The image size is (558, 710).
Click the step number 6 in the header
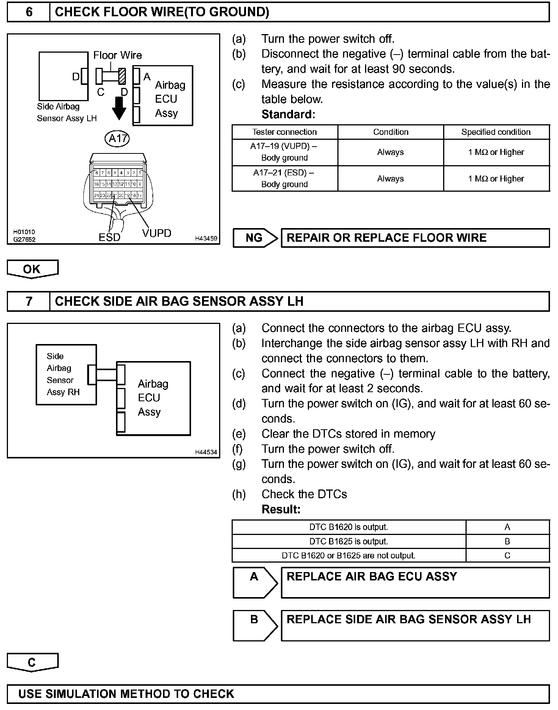(29, 12)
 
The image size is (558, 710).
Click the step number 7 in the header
(29, 301)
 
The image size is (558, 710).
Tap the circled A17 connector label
(117, 138)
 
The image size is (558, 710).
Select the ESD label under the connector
(109, 237)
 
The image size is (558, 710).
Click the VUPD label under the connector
(157, 233)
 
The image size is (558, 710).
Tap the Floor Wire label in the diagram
(118, 55)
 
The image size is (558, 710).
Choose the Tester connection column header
(284, 132)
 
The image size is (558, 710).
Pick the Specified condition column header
(496, 132)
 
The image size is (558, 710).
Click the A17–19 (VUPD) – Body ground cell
(284, 152)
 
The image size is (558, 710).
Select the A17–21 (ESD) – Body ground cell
(284, 178)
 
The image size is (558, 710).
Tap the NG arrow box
(255, 238)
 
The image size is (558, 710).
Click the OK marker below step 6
(32, 269)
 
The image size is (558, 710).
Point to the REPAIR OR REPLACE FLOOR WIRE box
(415, 238)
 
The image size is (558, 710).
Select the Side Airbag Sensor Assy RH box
(66, 374)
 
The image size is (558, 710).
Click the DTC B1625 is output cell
(348, 541)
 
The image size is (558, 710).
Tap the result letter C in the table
(507, 555)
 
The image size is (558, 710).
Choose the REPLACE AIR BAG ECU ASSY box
(415, 583)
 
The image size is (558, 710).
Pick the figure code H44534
(206, 452)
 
